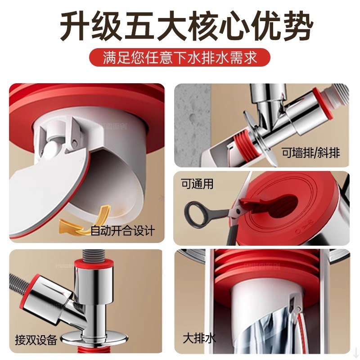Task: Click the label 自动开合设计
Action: coord(122,231)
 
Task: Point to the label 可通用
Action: coord(197,184)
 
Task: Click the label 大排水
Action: coord(199,337)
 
